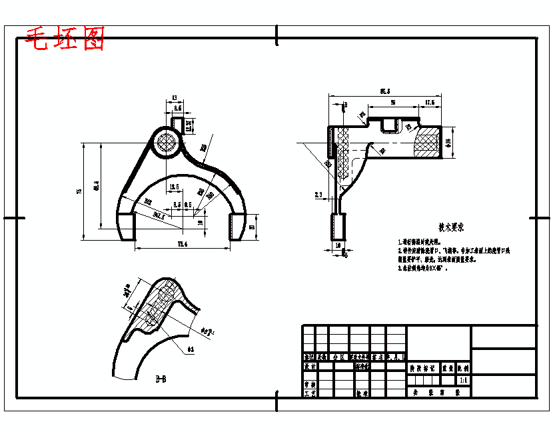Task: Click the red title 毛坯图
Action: pos(65,39)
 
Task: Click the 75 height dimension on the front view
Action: pos(79,191)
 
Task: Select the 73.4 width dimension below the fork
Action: pos(181,245)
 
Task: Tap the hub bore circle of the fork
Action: pos(166,141)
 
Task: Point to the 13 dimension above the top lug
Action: pos(175,97)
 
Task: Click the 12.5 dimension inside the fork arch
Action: pos(175,187)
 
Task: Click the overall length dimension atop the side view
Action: pos(384,91)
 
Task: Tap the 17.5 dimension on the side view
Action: pos(429,103)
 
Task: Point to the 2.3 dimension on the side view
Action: pos(318,195)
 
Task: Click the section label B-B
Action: pos(161,379)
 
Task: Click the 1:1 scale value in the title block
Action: pos(462,379)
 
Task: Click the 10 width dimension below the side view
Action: pos(338,245)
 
